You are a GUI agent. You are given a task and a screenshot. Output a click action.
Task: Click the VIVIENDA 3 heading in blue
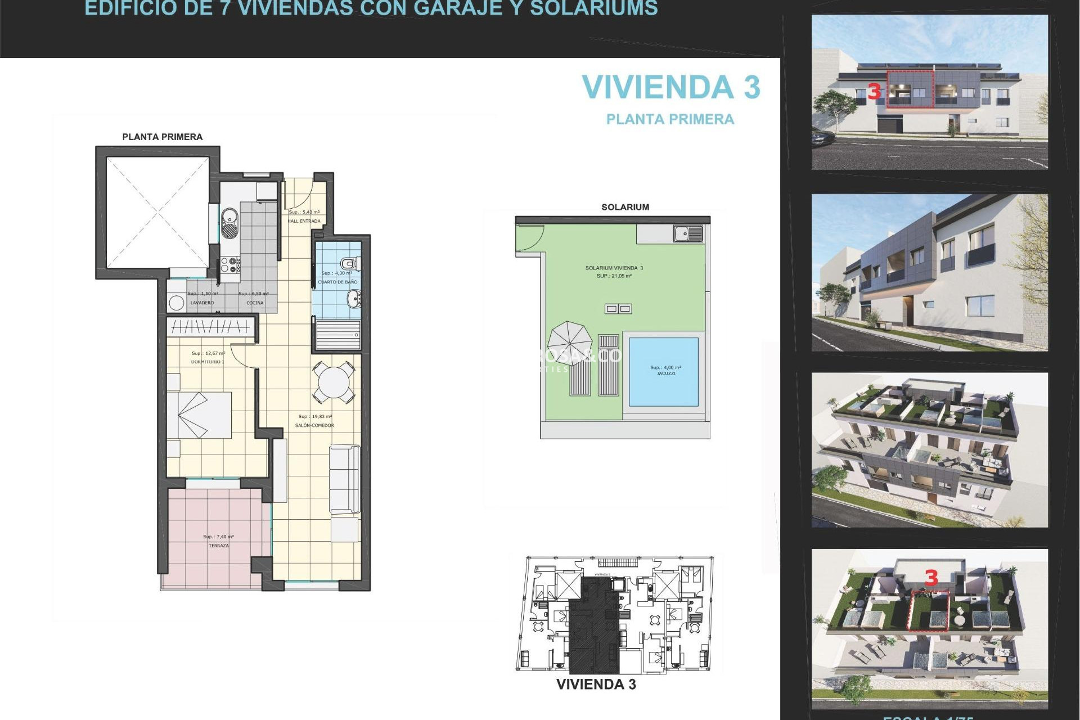pos(670,88)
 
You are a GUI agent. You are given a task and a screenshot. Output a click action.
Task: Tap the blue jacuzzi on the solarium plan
pos(663,372)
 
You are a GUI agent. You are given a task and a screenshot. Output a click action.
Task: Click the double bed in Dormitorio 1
pos(200,415)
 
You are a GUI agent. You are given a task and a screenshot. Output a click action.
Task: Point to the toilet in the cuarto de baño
pos(349,263)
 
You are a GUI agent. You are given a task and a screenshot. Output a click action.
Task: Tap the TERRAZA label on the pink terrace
pos(218,546)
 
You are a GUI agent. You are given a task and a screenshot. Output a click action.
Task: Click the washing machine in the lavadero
pos(177,303)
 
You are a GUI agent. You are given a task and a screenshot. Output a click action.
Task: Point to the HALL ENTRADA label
pos(304,221)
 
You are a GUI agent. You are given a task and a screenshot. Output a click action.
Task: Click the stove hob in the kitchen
pos(229,265)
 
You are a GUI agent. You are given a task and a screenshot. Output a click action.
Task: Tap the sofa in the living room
pos(344,478)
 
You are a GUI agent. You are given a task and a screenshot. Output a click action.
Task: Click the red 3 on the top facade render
pos(874,92)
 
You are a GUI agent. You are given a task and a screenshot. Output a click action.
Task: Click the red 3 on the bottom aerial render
pos(931,578)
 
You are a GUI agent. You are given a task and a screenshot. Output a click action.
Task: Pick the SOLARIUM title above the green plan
pos(625,207)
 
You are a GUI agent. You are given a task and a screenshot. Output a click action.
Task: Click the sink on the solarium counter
pos(687,233)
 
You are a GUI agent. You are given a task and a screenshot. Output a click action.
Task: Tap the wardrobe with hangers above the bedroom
pos(210,326)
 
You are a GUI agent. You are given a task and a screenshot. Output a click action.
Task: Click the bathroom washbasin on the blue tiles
pos(354,299)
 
